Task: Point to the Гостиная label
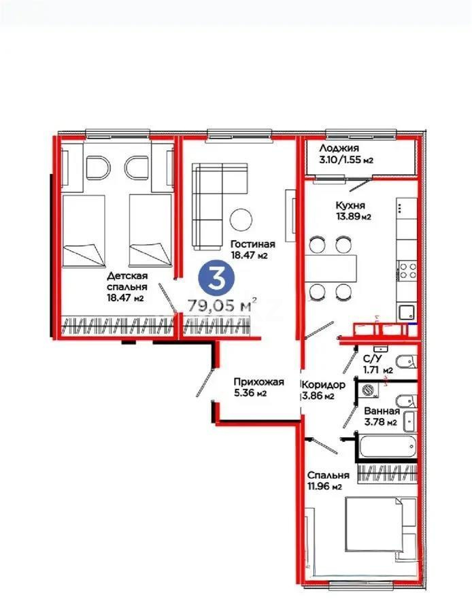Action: (x=252, y=244)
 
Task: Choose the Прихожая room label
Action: (x=258, y=381)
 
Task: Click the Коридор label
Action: (x=323, y=384)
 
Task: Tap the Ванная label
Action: (x=382, y=411)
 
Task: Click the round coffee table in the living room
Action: (x=241, y=219)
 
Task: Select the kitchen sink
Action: (x=407, y=311)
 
